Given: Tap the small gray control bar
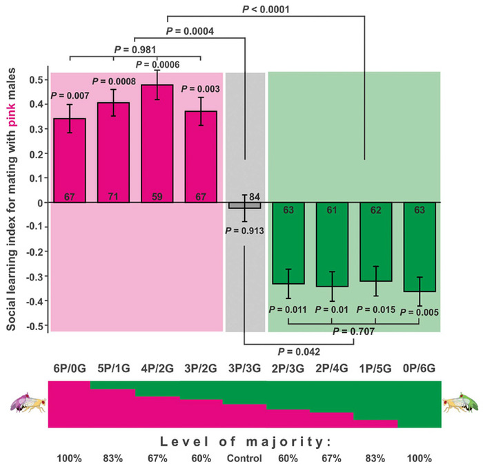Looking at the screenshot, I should pyautogui.click(x=244, y=205).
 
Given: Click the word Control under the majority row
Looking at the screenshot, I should pyautogui.click(x=244, y=459).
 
